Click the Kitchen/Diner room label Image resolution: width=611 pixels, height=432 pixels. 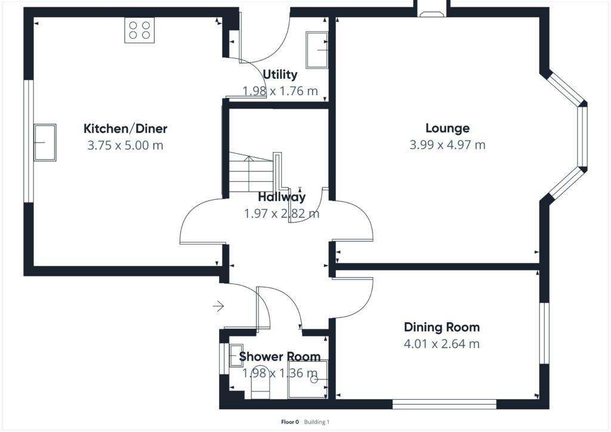click(x=125, y=128)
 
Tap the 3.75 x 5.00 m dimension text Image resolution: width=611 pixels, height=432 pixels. click(x=125, y=145)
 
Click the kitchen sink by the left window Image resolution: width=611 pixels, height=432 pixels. click(x=45, y=143)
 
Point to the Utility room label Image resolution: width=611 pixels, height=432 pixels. click(x=280, y=75)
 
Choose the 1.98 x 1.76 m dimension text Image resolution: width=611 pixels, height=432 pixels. click(x=280, y=91)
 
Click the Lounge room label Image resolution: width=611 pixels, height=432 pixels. click(x=447, y=128)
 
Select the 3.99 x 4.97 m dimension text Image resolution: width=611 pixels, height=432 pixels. click(x=447, y=144)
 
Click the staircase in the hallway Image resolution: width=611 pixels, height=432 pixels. click(x=251, y=173)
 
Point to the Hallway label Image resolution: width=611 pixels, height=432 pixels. click(x=282, y=197)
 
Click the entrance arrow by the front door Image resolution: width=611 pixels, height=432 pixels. click(x=218, y=307)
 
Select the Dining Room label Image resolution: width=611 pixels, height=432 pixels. click(x=442, y=327)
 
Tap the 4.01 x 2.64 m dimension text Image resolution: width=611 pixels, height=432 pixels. click(x=442, y=344)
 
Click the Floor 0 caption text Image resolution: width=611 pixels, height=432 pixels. click(x=289, y=422)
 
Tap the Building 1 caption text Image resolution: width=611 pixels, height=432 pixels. click(x=316, y=422)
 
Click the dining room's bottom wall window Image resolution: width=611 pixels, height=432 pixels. click(x=444, y=405)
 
